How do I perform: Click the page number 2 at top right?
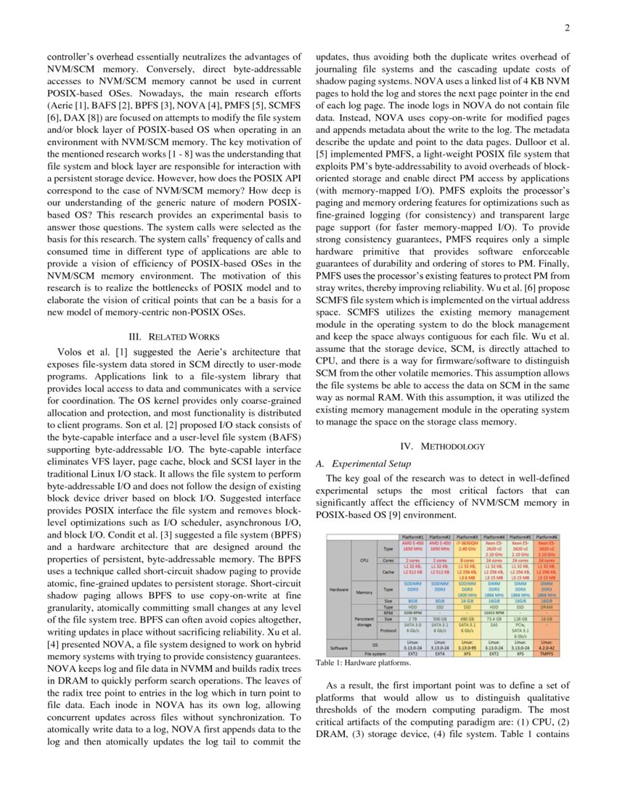[567, 28]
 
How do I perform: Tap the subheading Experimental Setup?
[370, 463]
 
